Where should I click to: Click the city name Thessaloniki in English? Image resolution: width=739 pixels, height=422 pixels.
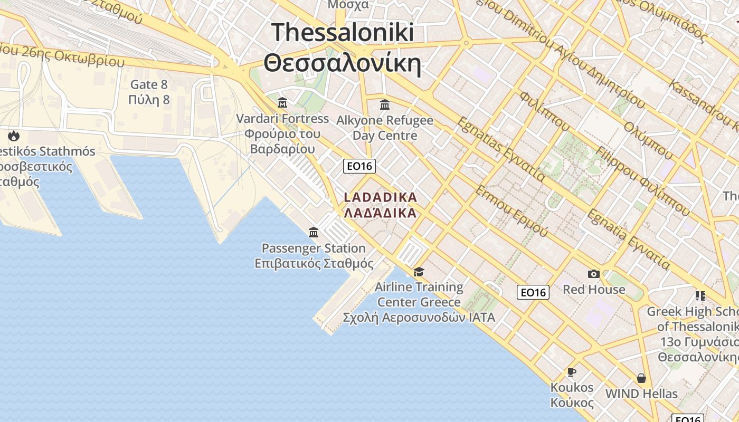click(343, 32)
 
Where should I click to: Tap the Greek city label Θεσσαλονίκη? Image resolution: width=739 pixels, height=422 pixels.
click(343, 64)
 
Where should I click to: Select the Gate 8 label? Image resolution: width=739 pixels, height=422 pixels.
click(149, 84)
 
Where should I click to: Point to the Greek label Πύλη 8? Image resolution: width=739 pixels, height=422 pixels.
click(149, 100)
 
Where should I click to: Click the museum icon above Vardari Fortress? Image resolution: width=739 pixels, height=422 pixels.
click(282, 102)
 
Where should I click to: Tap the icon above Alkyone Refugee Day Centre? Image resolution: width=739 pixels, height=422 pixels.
click(385, 104)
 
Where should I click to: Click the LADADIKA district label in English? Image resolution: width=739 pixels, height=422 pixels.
click(381, 197)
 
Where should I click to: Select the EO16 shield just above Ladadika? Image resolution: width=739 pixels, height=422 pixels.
click(359, 166)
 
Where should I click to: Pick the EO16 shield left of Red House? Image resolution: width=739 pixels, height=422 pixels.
click(533, 292)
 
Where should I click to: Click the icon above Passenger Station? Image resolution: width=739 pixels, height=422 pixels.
click(314, 232)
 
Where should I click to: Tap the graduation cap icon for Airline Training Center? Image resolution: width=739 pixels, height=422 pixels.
click(419, 272)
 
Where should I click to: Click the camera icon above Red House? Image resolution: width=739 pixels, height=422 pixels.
click(594, 274)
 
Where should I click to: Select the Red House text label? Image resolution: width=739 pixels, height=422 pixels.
click(594, 290)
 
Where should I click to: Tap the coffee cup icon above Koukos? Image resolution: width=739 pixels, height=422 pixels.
click(572, 372)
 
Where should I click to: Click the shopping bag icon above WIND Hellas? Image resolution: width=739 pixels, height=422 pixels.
click(641, 378)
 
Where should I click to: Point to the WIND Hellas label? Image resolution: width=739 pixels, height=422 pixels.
click(641, 394)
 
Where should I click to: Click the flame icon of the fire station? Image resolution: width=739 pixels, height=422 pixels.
click(14, 136)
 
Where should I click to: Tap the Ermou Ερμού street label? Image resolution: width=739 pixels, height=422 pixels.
click(510, 210)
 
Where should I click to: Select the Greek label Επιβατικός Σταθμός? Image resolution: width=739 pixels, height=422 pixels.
click(314, 263)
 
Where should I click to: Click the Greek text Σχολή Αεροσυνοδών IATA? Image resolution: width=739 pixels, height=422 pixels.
click(419, 318)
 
